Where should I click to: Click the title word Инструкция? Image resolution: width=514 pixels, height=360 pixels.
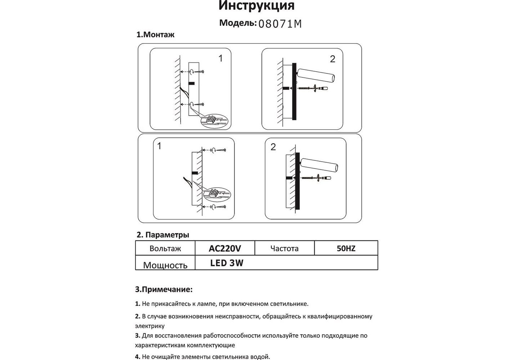[256, 6]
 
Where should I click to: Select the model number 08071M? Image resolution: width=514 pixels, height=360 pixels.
[280, 24]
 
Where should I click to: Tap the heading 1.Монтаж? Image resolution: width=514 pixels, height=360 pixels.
[155, 35]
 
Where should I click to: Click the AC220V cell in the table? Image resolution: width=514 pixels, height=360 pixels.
[225, 248]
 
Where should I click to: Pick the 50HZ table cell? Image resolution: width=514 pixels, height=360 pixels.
[346, 248]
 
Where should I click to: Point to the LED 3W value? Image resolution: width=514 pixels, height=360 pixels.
[227, 263]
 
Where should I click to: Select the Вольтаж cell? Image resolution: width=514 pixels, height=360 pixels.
[165, 248]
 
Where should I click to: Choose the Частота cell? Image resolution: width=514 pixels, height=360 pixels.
[284, 248]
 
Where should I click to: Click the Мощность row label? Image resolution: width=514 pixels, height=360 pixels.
[165, 265]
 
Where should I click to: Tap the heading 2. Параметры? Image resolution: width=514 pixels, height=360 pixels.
[163, 235]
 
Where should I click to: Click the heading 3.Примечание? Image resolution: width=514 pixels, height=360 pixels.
[164, 289]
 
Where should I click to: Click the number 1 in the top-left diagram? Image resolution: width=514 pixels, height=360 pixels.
[220, 58]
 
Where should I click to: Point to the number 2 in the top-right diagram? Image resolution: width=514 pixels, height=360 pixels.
[332, 59]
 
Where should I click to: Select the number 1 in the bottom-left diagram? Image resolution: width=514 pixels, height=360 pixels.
[159, 146]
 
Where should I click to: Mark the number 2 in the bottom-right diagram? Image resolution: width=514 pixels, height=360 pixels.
[273, 147]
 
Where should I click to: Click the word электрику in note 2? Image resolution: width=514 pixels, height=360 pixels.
[150, 326]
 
